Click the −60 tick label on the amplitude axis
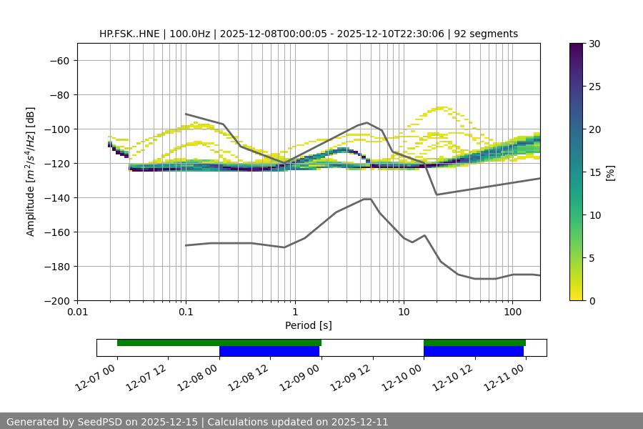pyautogui.click(x=58, y=61)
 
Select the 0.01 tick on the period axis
pyautogui.click(x=77, y=312)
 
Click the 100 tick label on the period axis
pyautogui.click(x=512, y=312)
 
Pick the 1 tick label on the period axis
pyautogui.click(x=294, y=312)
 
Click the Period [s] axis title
pyautogui.click(x=309, y=326)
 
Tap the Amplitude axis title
pyautogui.click(x=31, y=172)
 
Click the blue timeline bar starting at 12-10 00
pyautogui.click(x=474, y=351)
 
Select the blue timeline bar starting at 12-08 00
pyautogui.click(x=269, y=351)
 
